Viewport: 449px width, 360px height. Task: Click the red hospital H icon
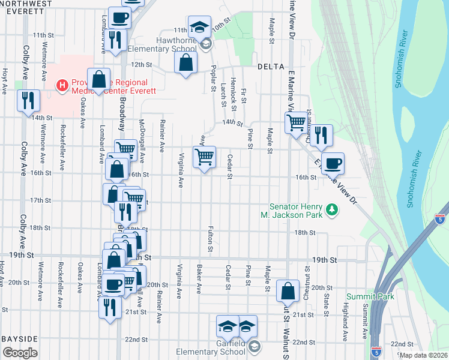click(61, 86)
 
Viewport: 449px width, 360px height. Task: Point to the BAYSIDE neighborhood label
click(20, 339)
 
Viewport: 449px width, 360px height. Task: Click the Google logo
click(20, 353)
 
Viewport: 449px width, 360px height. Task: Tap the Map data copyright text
click(423, 355)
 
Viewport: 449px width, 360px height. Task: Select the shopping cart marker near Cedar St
click(204, 157)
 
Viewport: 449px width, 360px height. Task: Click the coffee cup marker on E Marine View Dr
click(333, 163)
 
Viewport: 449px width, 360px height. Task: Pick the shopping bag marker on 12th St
click(186, 62)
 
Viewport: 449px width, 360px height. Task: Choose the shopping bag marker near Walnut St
click(288, 292)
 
